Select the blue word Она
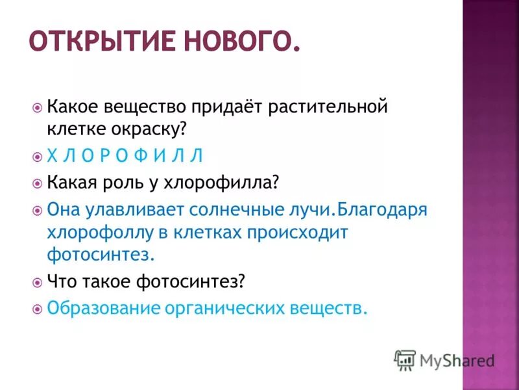(65, 209)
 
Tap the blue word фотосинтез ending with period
(101, 254)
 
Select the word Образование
(103, 307)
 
